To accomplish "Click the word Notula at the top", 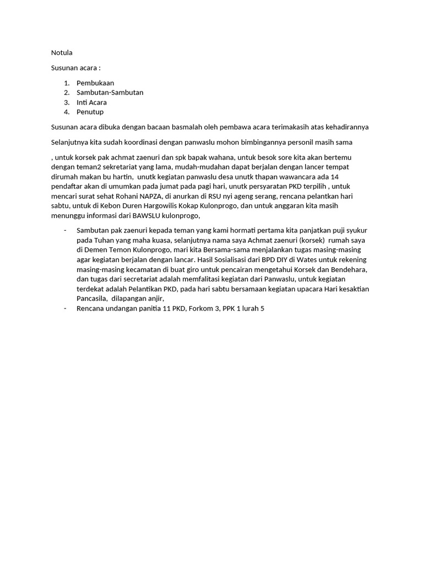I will [62, 53].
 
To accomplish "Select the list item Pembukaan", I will [95, 83].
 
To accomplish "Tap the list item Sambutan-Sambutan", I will [110, 93].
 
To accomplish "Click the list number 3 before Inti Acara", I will [66, 102].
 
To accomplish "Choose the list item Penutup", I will [90, 112].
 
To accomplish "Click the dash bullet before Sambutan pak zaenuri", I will [65, 230].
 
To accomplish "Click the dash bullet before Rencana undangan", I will [65, 308].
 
